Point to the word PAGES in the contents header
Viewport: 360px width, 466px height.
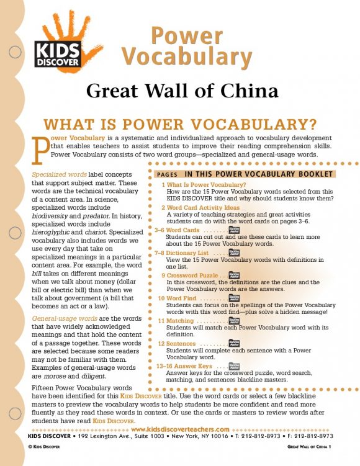pyautogui.click(x=168, y=174)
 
